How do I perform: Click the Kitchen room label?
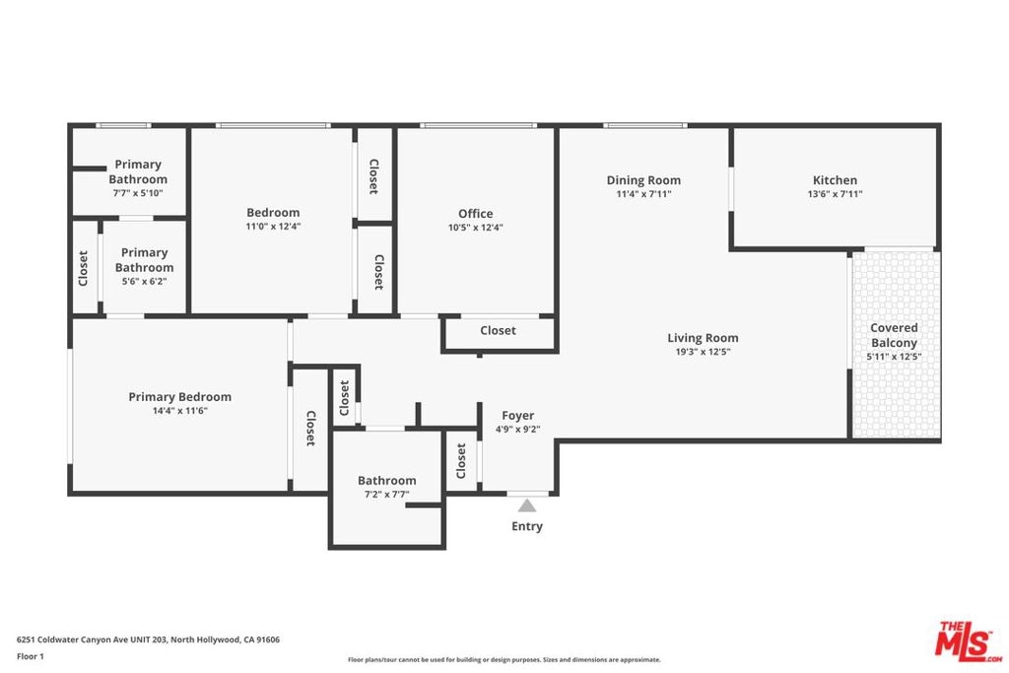coord(835,180)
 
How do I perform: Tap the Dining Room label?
coord(643,180)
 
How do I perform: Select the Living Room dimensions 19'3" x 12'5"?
coord(703,352)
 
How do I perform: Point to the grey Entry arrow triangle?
coord(527,505)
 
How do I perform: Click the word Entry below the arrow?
coord(527,526)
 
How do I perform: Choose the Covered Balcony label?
coord(894,335)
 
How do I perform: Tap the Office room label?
coord(476,214)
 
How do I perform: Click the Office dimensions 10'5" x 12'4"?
coord(476,228)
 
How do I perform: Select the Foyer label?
coord(518,416)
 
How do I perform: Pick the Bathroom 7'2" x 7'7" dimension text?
coord(386,495)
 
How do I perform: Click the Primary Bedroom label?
coord(179,397)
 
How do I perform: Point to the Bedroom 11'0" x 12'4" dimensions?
coord(273,227)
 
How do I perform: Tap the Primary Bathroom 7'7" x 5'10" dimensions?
coord(138,193)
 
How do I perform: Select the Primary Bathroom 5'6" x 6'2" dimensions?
coord(144,282)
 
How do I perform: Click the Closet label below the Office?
coord(498,331)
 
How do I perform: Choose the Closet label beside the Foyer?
coord(461,461)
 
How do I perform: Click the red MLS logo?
coord(968,641)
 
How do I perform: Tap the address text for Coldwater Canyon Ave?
coord(148,639)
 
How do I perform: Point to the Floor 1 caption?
coord(31,657)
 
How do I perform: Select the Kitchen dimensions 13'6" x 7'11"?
coord(835,194)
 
